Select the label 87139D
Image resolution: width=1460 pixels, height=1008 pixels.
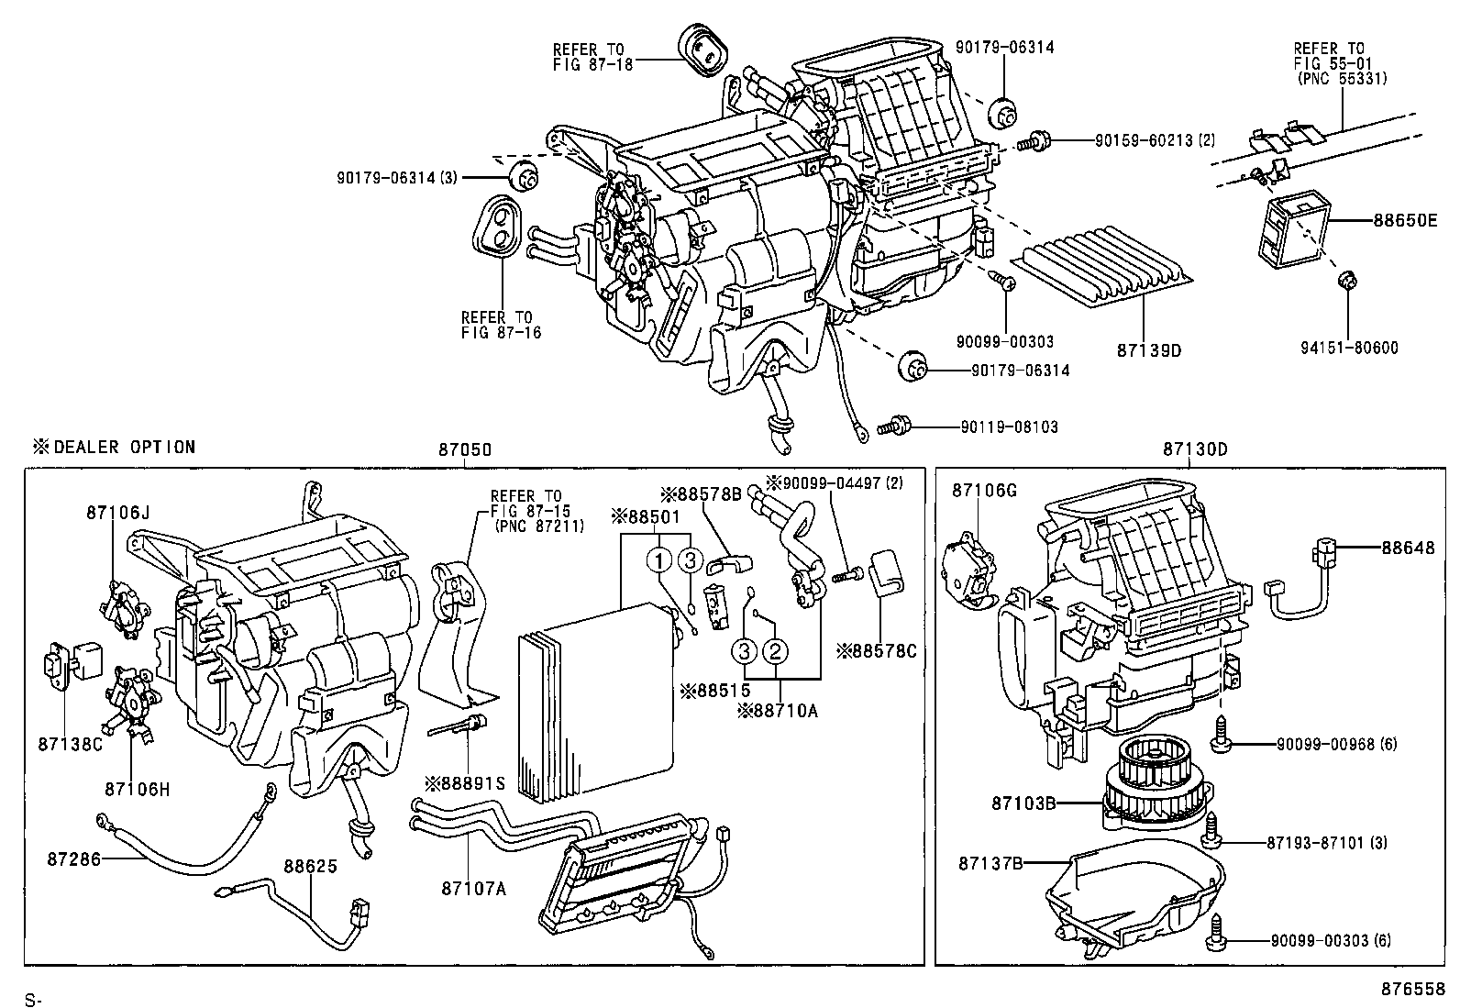tap(1148, 350)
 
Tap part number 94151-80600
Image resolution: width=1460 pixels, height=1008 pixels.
tap(1349, 348)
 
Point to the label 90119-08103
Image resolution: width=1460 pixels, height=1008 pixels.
tap(1009, 426)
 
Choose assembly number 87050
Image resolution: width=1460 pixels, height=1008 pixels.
tap(465, 449)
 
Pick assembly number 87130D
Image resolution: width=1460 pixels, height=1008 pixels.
tap(1195, 449)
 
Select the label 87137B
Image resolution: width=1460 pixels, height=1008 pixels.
tap(990, 863)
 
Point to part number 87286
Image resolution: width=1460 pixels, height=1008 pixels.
tap(74, 859)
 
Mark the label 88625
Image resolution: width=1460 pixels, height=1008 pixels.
tap(310, 865)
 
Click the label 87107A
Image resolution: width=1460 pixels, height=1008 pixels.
tap(472, 888)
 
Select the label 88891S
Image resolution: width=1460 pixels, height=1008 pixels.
tap(464, 783)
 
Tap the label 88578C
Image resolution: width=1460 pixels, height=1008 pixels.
tap(876, 651)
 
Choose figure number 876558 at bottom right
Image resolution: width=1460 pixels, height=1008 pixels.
tap(1413, 990)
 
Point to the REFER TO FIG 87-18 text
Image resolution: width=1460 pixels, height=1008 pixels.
tap(588, 57)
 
